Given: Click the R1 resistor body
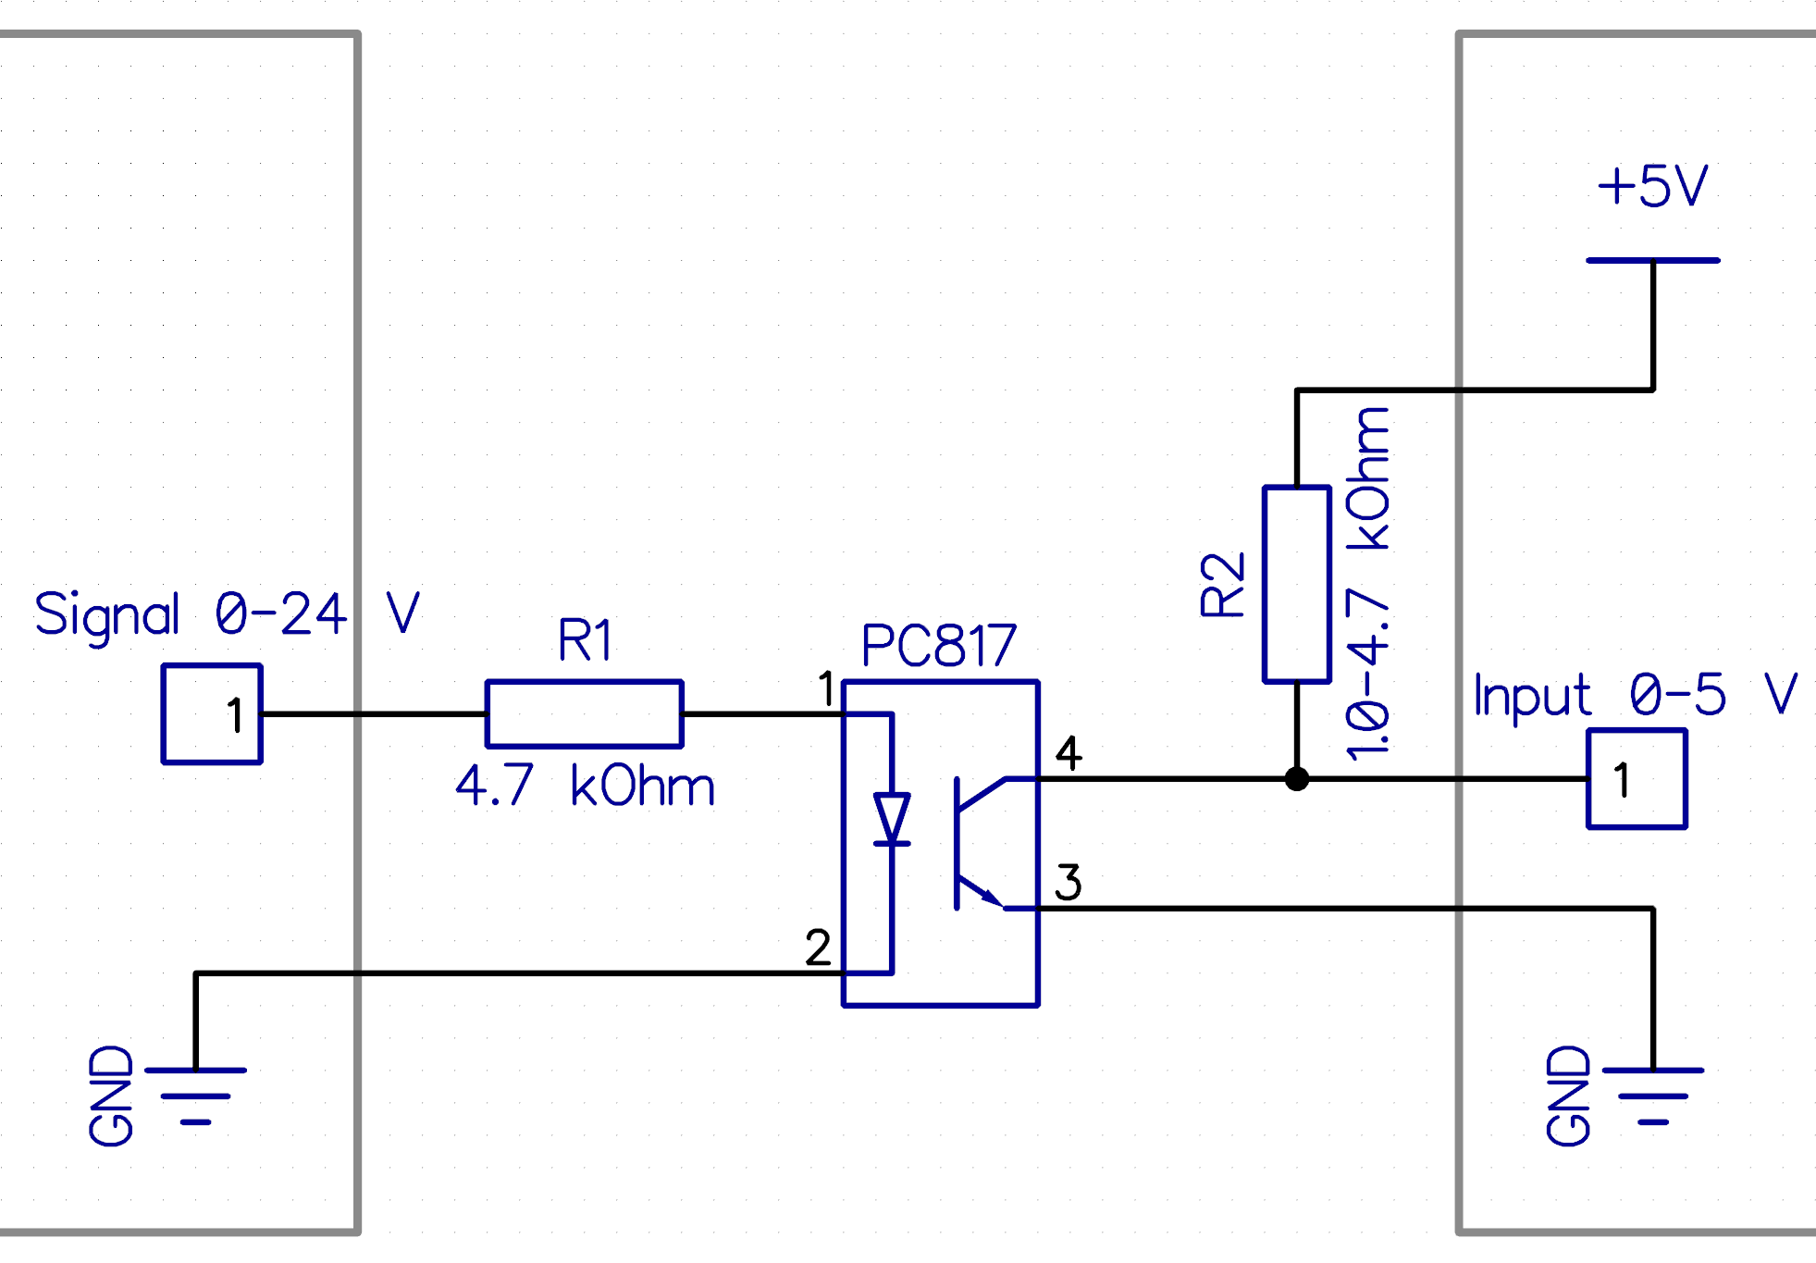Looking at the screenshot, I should point(584,713).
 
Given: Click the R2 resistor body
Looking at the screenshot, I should point(1296,584).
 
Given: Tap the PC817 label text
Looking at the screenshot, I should point(938,645).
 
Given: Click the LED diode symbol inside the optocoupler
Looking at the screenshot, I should point(892,820).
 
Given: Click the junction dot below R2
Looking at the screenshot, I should point(1297,779).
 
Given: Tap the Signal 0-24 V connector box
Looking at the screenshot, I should point(212,713).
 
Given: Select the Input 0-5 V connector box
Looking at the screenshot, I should point(1637,779).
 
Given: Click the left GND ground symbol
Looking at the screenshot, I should point(195,1096).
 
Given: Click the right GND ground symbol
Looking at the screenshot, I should point(1652,1096).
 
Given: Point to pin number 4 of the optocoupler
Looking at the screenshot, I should point(1069,752).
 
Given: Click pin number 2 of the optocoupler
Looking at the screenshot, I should point(818,947).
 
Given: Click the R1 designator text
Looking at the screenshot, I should point(585,639).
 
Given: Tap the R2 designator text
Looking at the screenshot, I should point(1222,585).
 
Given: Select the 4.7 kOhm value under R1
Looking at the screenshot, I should point(585,786).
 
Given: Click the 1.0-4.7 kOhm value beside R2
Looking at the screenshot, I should point(1368,584).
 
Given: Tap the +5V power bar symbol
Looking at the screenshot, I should point(1652,261).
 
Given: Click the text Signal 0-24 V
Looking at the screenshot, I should point(227,614).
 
